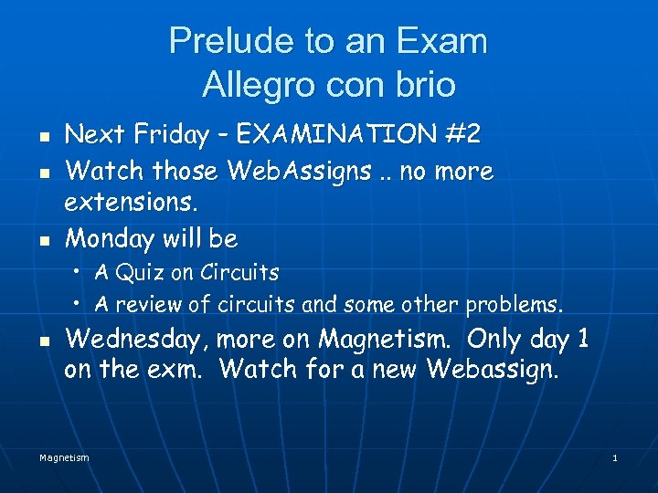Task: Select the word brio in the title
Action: click(x=425, y=84)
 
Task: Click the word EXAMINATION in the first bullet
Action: click(x=335, y=135)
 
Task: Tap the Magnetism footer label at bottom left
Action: click(x=64, y=457)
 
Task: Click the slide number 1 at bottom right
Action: click(x=615, y=457)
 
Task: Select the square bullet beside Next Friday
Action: click(x=44, y=137)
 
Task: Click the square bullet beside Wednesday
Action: click(x=44, y=341)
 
